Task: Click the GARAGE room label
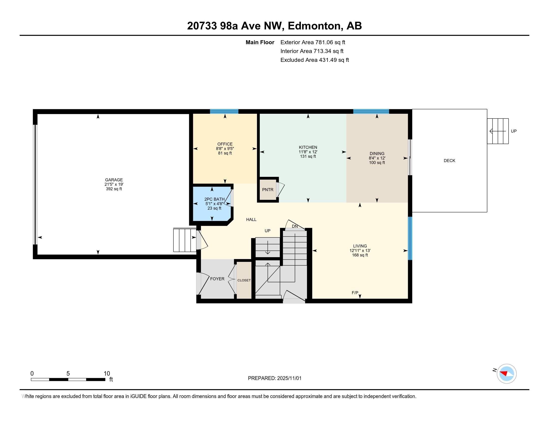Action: (x=114, y=180)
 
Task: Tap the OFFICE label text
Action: (x=225, y=144)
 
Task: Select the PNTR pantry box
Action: (x=268, y=190)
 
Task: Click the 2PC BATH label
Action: (x=214, y=199)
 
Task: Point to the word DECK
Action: (x=449, y=161)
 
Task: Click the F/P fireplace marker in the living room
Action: (x=355, y=293)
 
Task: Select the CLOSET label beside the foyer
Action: (x=244, y=280)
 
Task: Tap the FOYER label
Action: (x=217, y=279)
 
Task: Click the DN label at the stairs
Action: (x=295, y=226)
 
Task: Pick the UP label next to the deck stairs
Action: (x=514, y=131)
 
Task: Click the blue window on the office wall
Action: (x=224, y=111)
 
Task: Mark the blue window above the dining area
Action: (x=371, y=111)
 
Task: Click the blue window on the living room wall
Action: (x=410, y=238)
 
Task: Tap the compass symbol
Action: (x=507, y=374)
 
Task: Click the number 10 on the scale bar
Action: (x=107, y=374)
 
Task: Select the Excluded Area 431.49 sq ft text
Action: (x=315, y=60)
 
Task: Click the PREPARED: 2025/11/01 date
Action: (x=275, y=378)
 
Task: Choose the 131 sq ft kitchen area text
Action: (x=308, y=156)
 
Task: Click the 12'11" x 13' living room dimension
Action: (x=360, y=251)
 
